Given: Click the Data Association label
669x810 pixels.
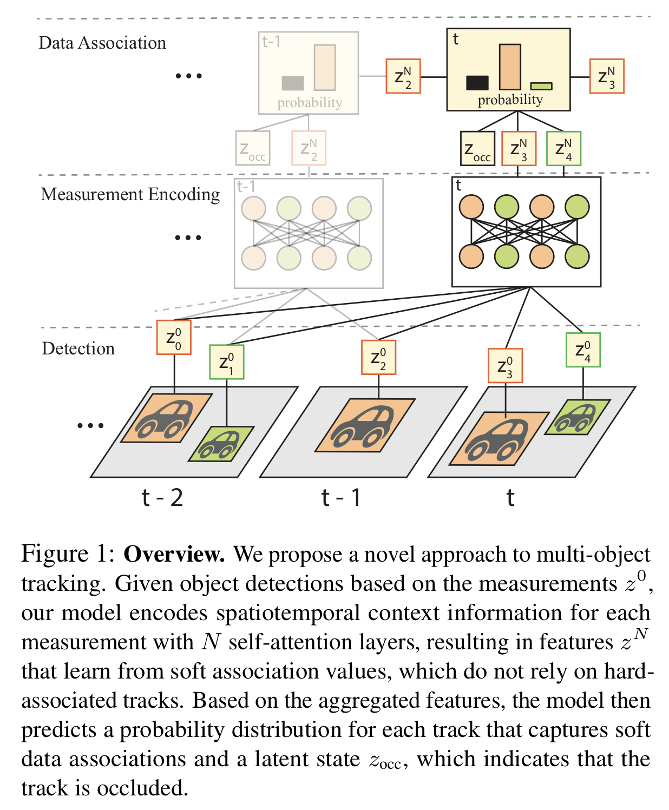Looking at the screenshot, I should pyautogui.click(x=102, y=43).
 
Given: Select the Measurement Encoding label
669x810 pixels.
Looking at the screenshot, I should pyautogui.click(x=130, y=194).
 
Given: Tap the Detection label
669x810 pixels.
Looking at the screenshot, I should pyautogui.click(x=78, y=348).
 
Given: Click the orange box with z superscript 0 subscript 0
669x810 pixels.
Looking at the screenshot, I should pyautogui.click(x=174, y=338).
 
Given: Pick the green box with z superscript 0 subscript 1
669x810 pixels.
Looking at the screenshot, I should pyautogui.click(x=227, y=362).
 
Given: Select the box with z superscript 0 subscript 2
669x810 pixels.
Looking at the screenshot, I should pyautogui.click(x=379, y=358).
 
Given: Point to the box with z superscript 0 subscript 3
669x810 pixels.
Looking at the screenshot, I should pyautogui.click(x=506, y=366).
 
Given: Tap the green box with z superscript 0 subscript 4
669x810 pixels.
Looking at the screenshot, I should pyautogui.click(x=583, y=350).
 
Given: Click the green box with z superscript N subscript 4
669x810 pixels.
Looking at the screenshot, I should pyautogui.click(x=564, y=149).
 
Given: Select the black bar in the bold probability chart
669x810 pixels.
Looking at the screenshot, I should pyautogui.click(x=477, y=83).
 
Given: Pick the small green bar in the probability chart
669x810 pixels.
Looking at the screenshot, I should pyautogui.click(x=541, y=86).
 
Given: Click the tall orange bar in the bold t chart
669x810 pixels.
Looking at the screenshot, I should pyautogui.click(x=510, y=67).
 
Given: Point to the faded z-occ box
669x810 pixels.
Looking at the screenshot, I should pyautogui.click(x=253, y=148).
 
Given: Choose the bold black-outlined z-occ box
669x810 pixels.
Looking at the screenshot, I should pyautogui.click(x=477, y=149).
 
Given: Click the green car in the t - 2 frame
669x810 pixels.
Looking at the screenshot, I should pyautogui.click(x=221, y=444).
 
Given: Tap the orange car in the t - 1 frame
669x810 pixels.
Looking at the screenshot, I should pyautogui.click(x=365, y=425).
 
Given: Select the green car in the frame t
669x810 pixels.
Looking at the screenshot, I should pyautogui.click(x=577, y=417).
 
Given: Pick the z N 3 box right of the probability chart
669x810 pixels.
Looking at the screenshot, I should pyautogui.click(x=607, y=76).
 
